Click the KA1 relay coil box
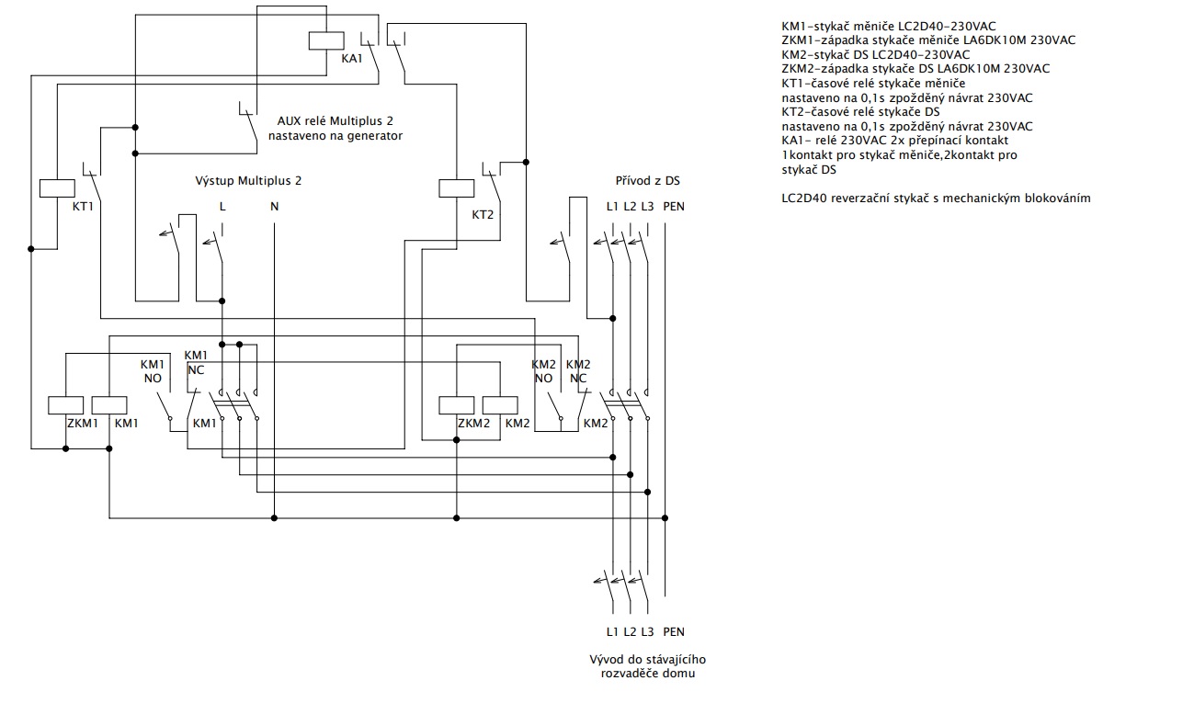[326, 40]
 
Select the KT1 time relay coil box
[57, 187]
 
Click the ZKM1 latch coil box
[65, 405]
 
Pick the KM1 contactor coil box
[108, 405]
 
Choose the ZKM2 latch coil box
[457, 405]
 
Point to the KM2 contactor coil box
[499, 405]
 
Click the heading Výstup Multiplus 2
[248, 181]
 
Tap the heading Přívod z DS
[648, 180]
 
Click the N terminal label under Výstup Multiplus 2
[274, 207]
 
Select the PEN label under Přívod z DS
[674, 207]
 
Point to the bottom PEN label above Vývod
[674, 632]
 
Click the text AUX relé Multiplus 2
[335, 121]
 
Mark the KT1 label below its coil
[83, 207]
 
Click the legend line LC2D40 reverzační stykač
[936, 198]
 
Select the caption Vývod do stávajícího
[648, 660]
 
